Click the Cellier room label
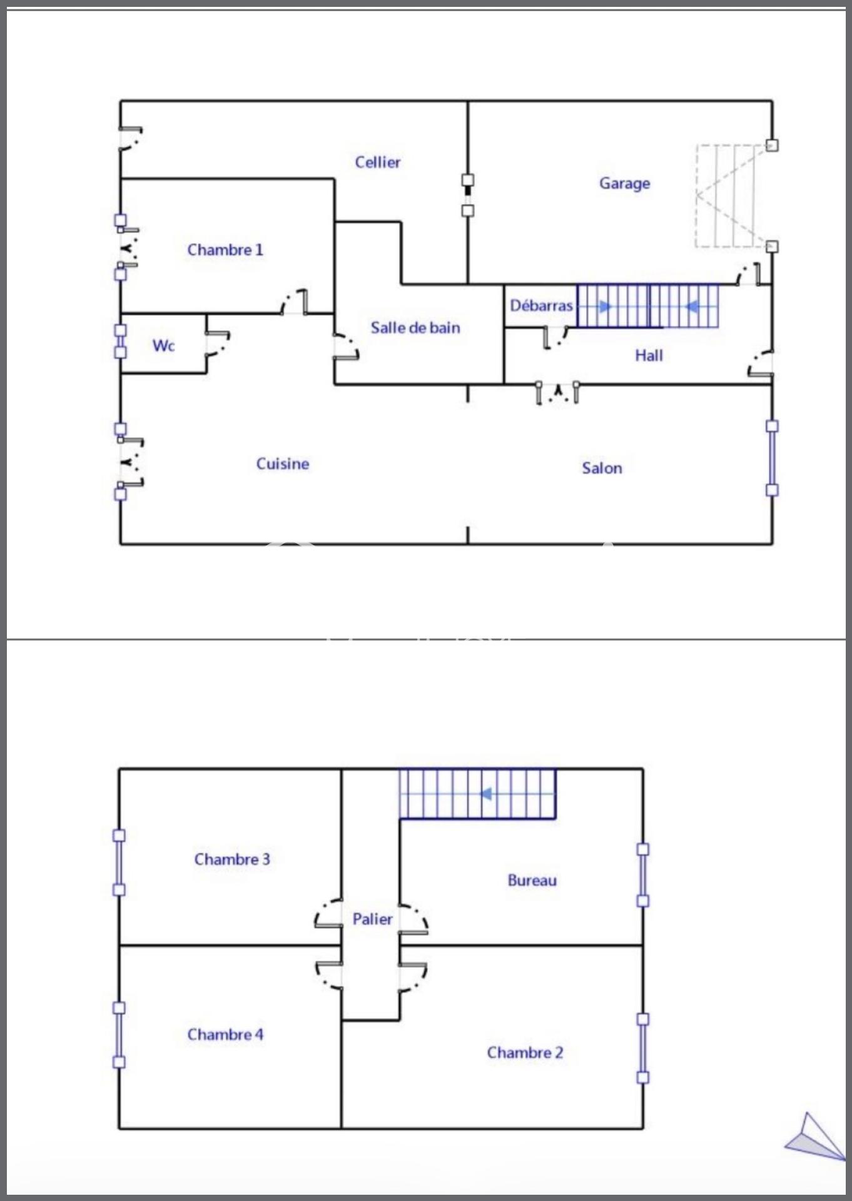[377, 163]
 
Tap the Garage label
[624, 184]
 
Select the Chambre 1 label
[225, 250]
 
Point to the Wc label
[163, 346]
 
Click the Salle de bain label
[415, 328]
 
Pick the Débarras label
[541, 306]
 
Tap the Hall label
[649, 356]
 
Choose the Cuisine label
[283, 464]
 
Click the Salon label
[602, 469]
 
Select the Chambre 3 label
[232, 859]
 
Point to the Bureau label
[532, 881]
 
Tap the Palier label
[372, 920]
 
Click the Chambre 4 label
[225, 1035]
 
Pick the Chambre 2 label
[525, 1053]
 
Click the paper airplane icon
[815, 1137]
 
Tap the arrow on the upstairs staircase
[485, 794]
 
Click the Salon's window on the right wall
[773, 458]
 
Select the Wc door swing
[218, 344]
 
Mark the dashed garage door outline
[731, 196]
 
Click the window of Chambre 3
[119, 863]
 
